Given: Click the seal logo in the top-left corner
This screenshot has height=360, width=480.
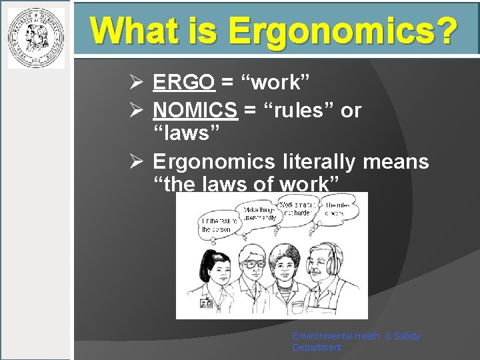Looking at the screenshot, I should (36, 37).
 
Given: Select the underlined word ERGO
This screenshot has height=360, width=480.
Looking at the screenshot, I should (183, 82).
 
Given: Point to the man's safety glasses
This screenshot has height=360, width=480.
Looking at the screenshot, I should (255, 262).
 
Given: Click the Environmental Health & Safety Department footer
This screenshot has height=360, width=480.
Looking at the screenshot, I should (356, 341).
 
